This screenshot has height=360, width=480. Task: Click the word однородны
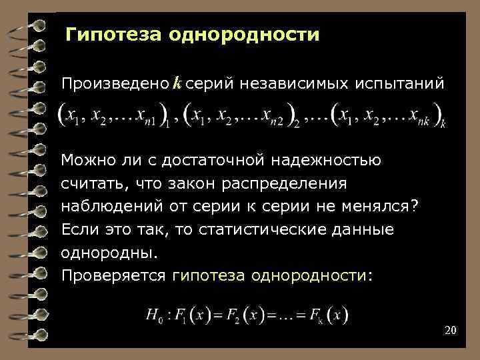(110, 253)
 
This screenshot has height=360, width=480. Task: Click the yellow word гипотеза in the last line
(206, 275)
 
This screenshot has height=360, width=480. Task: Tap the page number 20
(449, 331)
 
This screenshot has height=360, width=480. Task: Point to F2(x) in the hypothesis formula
(244, 314)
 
